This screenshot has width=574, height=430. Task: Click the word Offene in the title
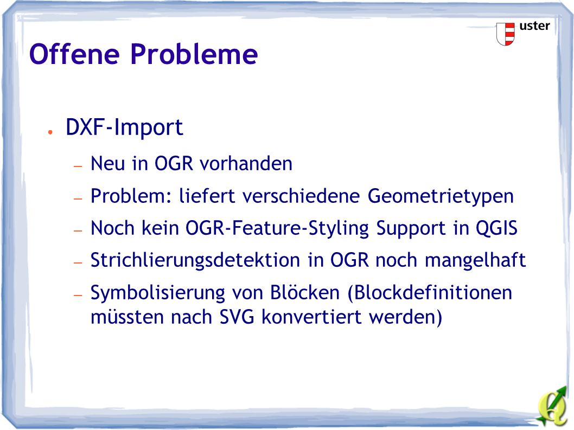click(x=75, y=54)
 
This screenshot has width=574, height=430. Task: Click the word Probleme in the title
click(x=194, y=54)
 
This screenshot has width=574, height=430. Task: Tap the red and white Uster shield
click(x=506, y=34)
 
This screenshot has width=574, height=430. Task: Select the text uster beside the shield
click(x=534, y=26)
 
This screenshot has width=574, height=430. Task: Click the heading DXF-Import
click(x=124, y=127)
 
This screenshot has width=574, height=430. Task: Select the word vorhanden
click(x=246, y=163)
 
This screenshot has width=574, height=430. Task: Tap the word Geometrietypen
click(x=441, y=196)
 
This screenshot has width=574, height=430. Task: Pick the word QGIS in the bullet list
click(x=496, y=228)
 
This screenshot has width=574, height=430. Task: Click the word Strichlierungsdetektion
click(x=195, y=261)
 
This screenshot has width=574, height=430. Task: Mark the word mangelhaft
click(x=475, y=260)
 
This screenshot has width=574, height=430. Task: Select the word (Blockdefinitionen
click(x=429, y=293)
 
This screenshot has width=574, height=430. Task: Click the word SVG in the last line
click(x=237, y=317)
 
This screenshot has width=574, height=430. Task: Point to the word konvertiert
click(x=311, y=317)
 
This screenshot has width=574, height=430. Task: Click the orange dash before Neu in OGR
click(x=78, y=166)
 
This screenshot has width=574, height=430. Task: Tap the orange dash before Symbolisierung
click(x=78, y=294)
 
